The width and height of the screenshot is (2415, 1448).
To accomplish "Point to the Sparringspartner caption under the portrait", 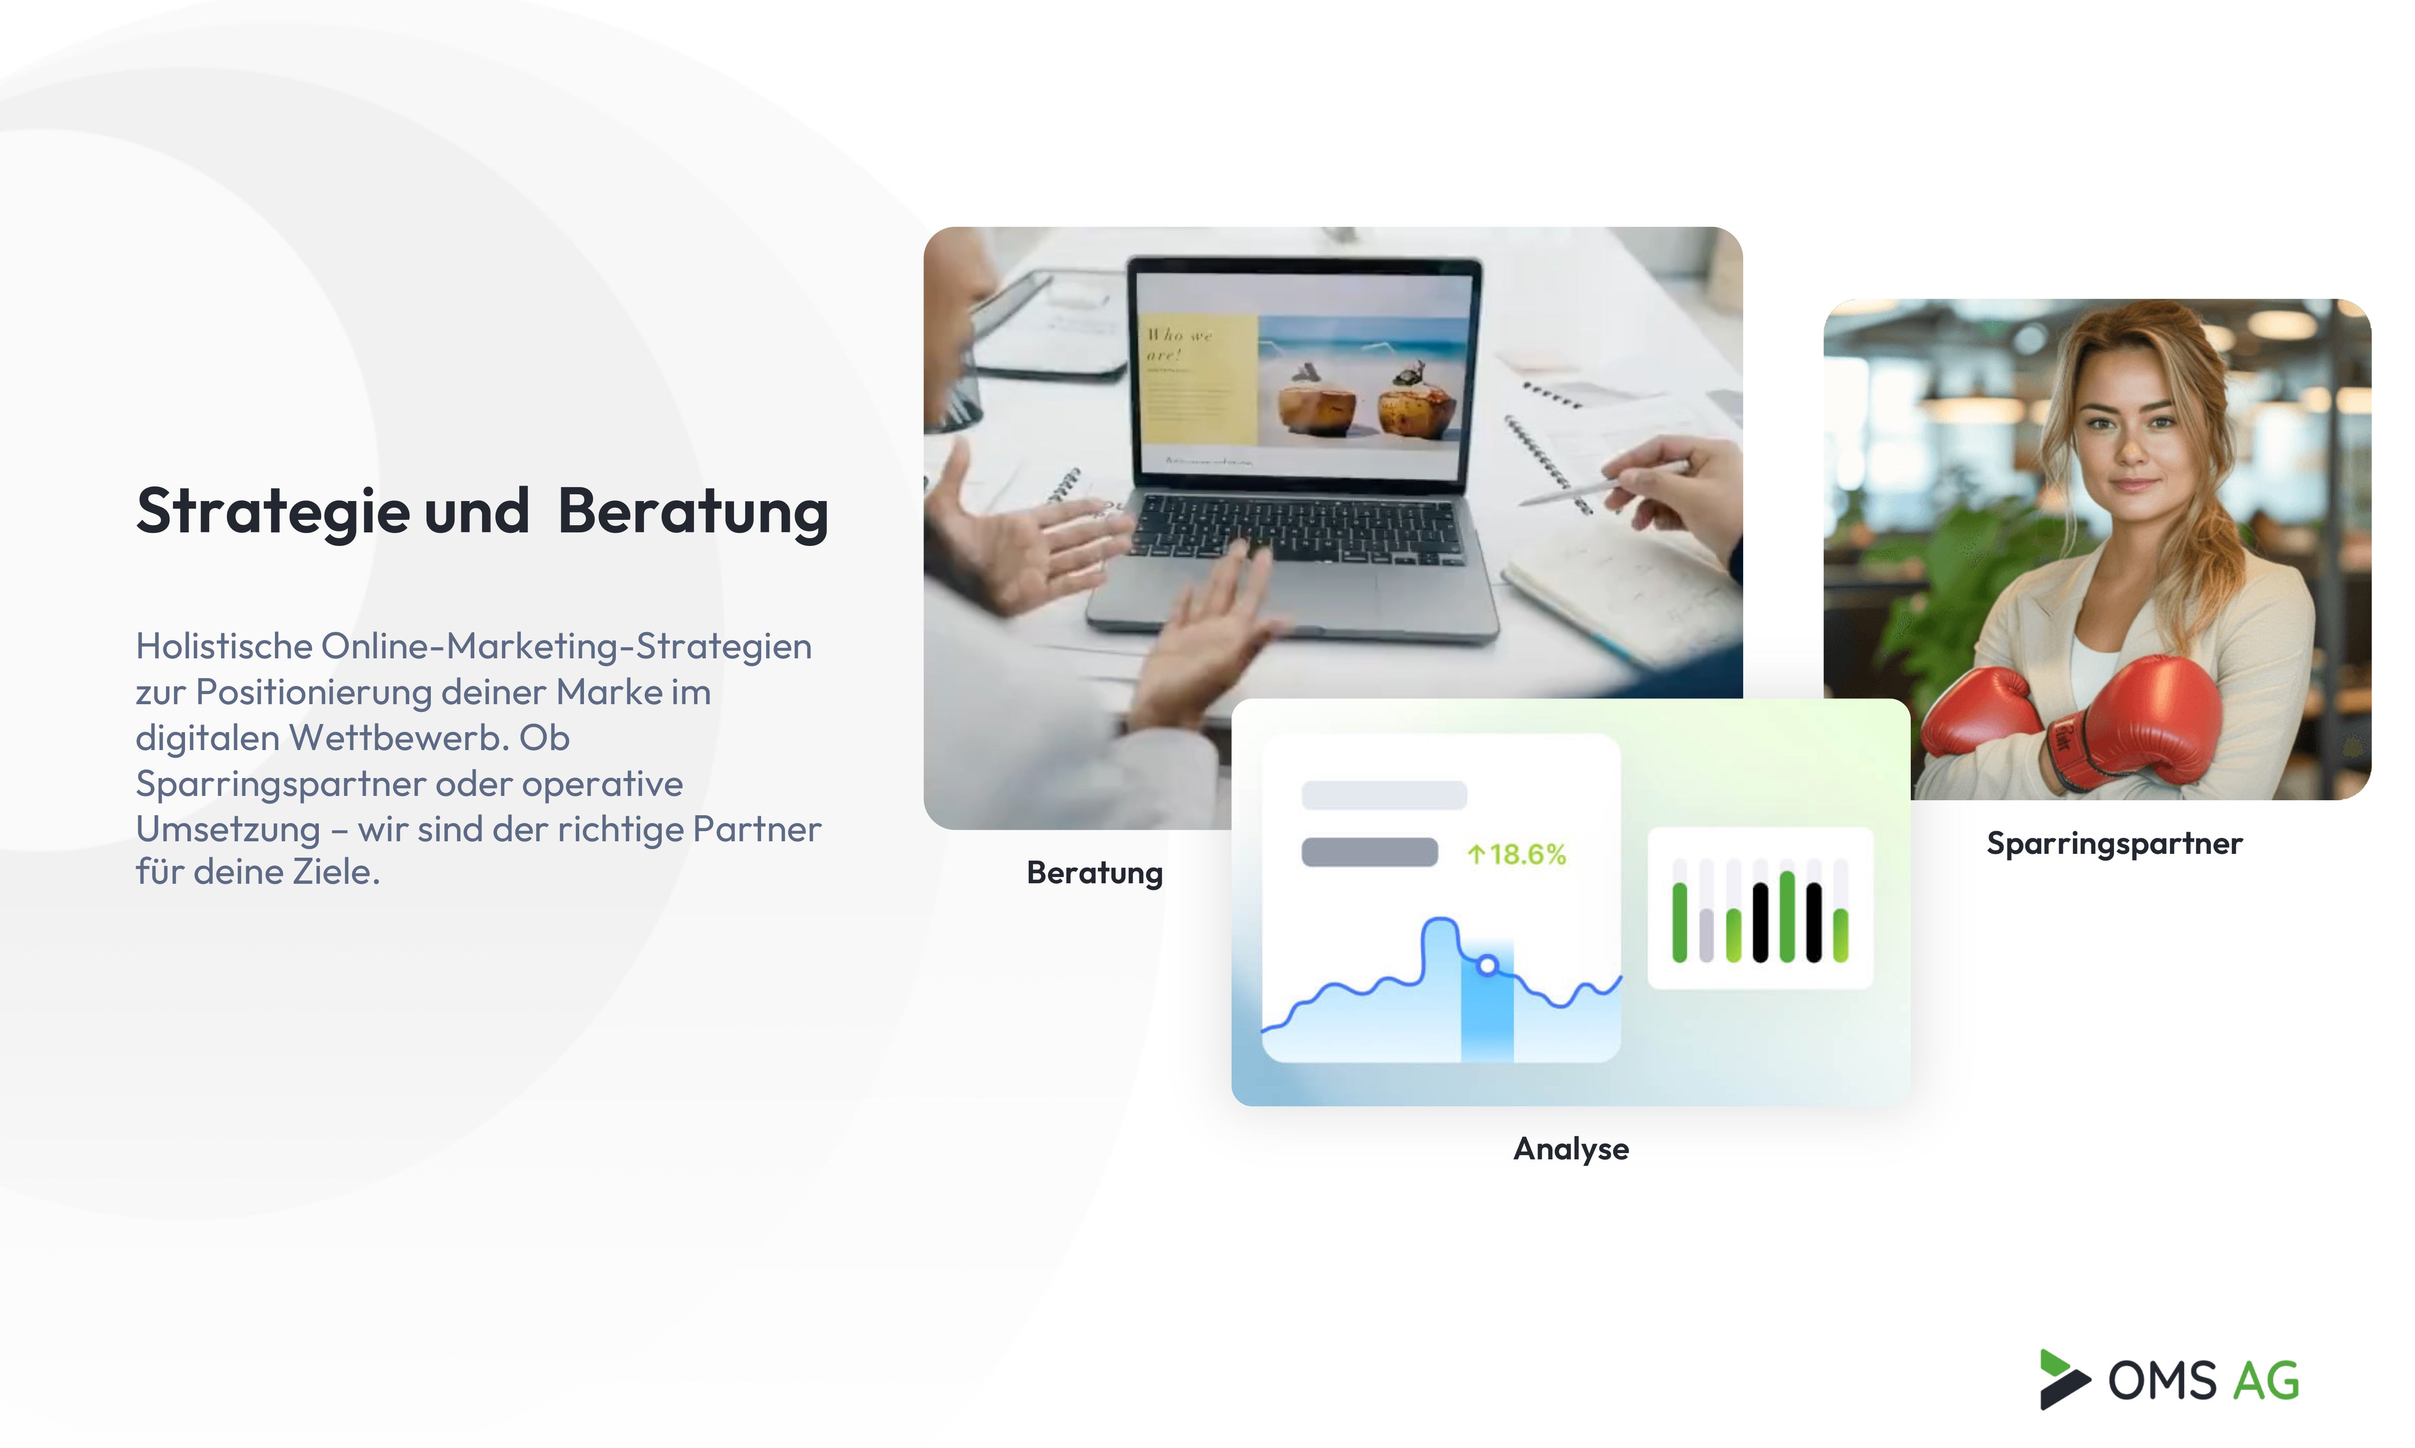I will pos(2115,843).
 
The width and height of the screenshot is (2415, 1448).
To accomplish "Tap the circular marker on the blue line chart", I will pos(1487,965).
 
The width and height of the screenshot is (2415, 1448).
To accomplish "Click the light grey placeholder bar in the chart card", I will pos(1383,795).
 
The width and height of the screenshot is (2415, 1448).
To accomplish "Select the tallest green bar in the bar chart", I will pos(1786,917).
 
